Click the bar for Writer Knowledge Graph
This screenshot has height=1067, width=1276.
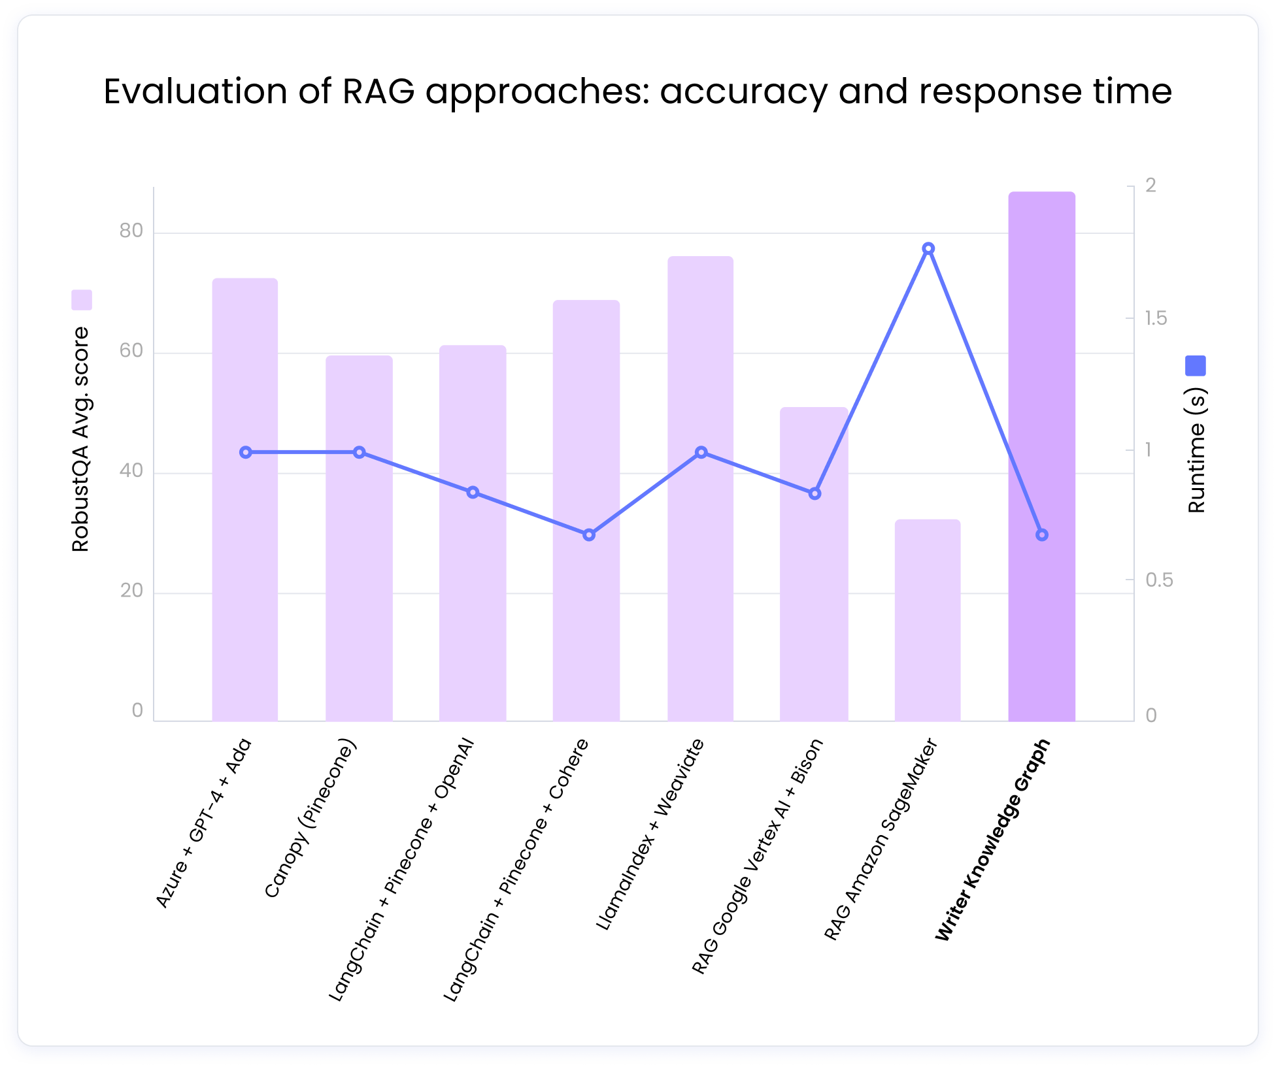tap(1041, 457)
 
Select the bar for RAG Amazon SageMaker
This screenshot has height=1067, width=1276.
tap(927, 621)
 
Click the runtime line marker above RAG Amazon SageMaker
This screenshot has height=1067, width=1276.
tap(928, 248)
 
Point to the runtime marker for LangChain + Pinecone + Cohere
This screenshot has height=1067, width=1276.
tap(588, 535)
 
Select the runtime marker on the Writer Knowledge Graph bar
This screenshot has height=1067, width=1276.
tap(1042, 535)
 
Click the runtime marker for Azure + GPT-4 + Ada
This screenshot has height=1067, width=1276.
tap(246, 452)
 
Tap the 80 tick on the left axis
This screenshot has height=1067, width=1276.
tap(131, 231)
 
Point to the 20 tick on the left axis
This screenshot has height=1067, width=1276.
tap(131, 591)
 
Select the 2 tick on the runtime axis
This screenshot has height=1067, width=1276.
tap(1150, 186)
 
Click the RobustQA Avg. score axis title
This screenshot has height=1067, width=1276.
tap(80, 439)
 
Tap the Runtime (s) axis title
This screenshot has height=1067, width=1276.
tap(1196, 451)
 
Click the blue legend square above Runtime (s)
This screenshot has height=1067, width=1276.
tap(1195, 366)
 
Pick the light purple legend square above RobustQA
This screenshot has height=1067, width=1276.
tap(82, 300)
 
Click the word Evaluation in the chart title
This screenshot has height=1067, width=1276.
tap(195, 91)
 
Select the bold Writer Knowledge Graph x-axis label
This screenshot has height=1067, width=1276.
tap(992, 840)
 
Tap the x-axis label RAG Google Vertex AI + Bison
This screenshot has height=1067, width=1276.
tap(757, 856)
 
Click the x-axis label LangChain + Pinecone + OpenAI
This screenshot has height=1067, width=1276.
tap(401, 869)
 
